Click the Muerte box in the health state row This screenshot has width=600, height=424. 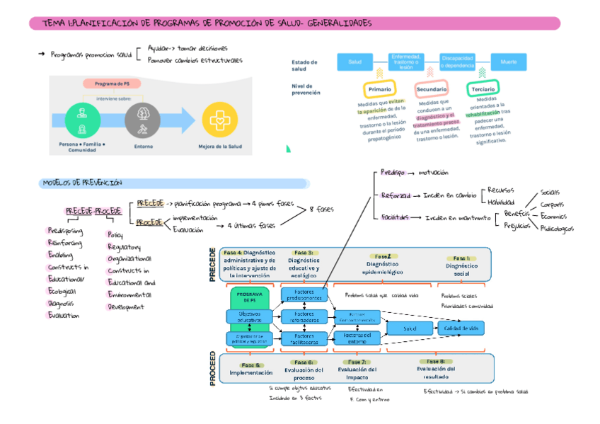click(x=509, y=62)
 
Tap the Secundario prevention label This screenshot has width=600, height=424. click(x=432, y=90)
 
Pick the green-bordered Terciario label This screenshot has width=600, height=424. click(x=483, y=89)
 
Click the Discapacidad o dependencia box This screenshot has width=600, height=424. click(x=457, y=62)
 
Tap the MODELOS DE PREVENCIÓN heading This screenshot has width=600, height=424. click(x=83, y=183)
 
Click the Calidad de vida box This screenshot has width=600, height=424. click(x=461, y=328)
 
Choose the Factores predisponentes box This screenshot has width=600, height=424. click(x=303, y=294)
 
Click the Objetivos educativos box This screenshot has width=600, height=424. click(x=248, y=316)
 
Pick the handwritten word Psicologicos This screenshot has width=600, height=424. click(x=556, y=229)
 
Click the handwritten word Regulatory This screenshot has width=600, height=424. click(x=124, y=247)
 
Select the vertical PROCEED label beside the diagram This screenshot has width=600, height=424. click(x=213, y=369)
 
